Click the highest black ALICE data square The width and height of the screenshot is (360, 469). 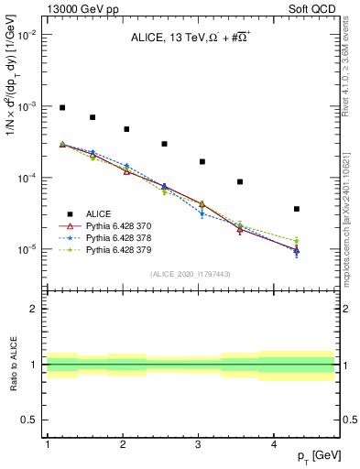[62, 107]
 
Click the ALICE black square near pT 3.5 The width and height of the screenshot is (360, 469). [240, 181]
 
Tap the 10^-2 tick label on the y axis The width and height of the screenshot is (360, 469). [27, 35]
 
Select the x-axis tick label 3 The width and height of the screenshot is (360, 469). [199, 444]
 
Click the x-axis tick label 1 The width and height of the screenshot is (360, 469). [47, 444]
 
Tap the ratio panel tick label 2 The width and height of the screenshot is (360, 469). [31, 309]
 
